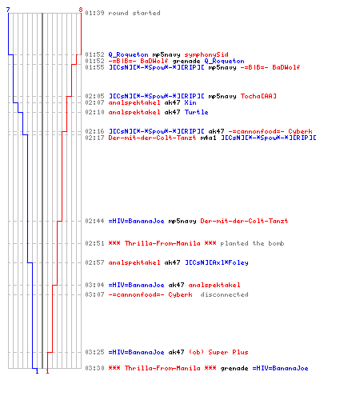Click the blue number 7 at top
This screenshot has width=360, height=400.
(8, 10)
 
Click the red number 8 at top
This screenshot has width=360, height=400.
(81, 10)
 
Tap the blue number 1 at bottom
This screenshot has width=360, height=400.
(37, 371)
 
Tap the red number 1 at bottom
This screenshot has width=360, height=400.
(47, 371)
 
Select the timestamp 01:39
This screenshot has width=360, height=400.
(94, 13)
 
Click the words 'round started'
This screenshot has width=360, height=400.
(134, 13)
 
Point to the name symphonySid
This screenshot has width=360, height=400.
(206, 54)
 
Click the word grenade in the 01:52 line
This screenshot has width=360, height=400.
(186, 61)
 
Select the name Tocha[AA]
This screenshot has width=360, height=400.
(258, 96)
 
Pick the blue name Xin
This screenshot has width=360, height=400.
(190, 102)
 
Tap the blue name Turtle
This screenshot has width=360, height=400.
(196, 112)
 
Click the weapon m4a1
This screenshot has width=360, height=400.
(208, 138)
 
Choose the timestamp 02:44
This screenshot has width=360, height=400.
(94, 221)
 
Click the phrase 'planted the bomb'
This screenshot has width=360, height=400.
(252, 243)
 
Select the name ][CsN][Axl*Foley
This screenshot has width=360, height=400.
(217, 262)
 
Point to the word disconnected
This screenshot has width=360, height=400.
(224, 294)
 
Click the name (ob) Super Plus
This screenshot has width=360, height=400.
(218, 352)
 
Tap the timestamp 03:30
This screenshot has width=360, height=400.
(94, 368)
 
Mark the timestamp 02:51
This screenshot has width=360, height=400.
(94, 243)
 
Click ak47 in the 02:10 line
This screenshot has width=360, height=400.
(172, 112)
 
